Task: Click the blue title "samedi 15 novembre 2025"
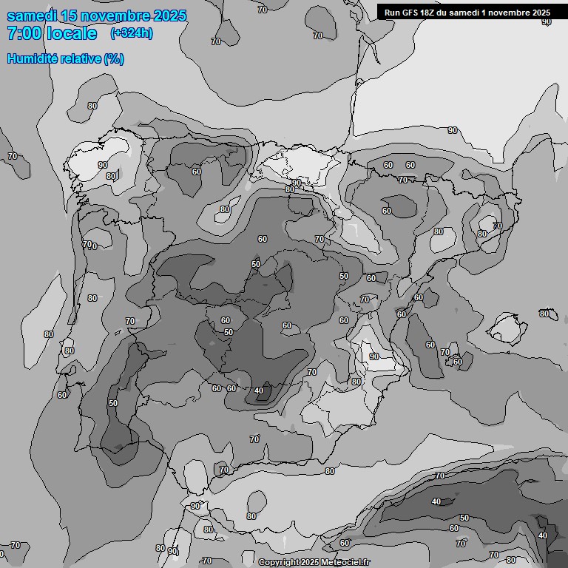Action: [x=96, y=16]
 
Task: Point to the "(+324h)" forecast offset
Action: [x=132, y=33]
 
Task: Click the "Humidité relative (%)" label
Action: [x=65, y=58]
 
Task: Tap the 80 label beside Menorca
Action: [x=544, y=314]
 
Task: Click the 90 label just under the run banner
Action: [x=546, y=21]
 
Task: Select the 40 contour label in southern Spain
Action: [x=258, y=390]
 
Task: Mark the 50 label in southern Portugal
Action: [x=112, y=403]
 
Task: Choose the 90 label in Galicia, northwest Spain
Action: [x=103, y=165]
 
